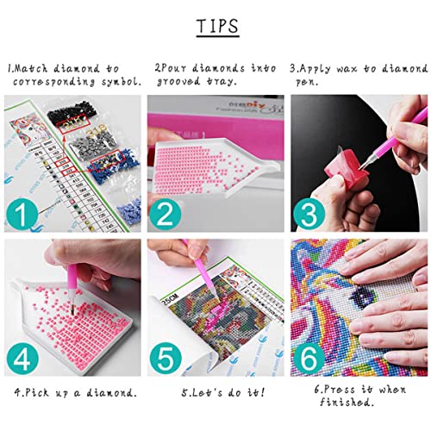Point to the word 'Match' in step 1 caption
[32, 66]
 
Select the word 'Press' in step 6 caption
[345, 393]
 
